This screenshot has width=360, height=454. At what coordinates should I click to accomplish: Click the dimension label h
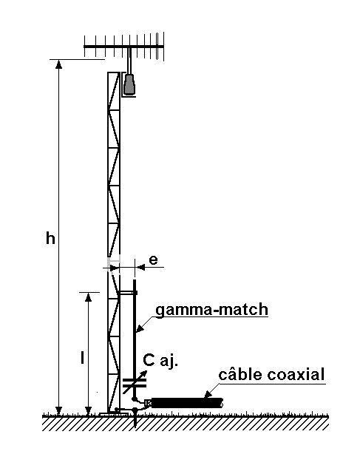coord(50,239)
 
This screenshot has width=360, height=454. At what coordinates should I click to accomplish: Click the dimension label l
coord(83,357)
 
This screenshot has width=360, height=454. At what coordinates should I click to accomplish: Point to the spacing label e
coord(153,260)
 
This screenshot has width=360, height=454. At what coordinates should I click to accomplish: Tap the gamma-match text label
coord(212,310)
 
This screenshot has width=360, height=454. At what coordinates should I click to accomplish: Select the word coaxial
coord(296,374)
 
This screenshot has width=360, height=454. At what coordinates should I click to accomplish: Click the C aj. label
coord(160,361)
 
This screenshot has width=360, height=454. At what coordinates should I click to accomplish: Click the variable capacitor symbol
coord(135,382)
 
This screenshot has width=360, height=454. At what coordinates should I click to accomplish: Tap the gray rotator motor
coord(129,84)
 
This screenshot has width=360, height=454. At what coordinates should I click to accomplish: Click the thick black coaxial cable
coord(187,403)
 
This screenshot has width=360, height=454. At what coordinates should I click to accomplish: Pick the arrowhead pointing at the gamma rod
coord(140,328)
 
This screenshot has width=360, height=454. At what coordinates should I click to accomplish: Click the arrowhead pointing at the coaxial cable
coord(208,394)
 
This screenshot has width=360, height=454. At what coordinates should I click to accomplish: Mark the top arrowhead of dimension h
coord(58,64)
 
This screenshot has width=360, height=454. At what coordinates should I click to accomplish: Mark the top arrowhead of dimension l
coord(88,297)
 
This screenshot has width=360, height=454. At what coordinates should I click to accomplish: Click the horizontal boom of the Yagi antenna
coord(124,47)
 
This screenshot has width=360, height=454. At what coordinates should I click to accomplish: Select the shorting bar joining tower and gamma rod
coord(127,293)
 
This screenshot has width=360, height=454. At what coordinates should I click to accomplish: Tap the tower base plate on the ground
coord(114,415)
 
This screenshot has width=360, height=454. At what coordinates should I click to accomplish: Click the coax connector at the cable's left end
coord(148,403)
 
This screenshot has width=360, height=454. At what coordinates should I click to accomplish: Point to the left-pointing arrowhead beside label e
coord(140,267)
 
